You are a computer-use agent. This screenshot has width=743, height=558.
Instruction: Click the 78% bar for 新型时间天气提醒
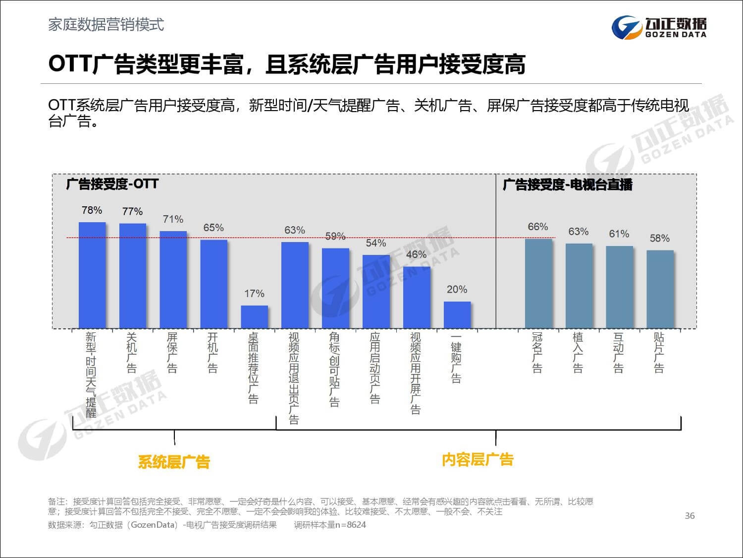(92, 275)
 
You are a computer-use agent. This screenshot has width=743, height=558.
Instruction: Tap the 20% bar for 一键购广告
(457, 314)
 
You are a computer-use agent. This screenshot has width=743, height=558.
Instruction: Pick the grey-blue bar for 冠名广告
(538, 283)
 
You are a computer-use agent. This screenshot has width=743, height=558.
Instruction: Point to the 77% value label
(132, 212)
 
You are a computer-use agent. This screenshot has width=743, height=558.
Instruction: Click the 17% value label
(254, 294)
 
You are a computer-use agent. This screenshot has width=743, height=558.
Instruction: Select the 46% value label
(416, 254)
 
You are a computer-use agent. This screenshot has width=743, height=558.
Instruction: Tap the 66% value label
(537, 227)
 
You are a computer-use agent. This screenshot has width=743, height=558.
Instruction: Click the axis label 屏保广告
(172, 352)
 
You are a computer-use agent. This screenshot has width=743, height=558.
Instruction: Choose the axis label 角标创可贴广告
(335, 369)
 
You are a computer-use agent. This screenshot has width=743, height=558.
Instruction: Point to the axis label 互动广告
(619, 352)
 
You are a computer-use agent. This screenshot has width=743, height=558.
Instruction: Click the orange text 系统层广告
(174, 462)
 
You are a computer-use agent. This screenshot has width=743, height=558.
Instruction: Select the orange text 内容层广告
(478, 460)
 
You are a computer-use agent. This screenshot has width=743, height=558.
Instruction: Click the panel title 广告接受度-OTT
(112, 184)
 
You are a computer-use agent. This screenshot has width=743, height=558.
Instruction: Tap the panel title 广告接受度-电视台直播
(568, 185)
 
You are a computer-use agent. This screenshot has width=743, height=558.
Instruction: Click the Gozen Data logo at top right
(659, 27)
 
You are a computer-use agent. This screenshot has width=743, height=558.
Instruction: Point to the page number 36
(690, 516)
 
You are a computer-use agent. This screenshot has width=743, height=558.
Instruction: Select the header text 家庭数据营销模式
(106, 25)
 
